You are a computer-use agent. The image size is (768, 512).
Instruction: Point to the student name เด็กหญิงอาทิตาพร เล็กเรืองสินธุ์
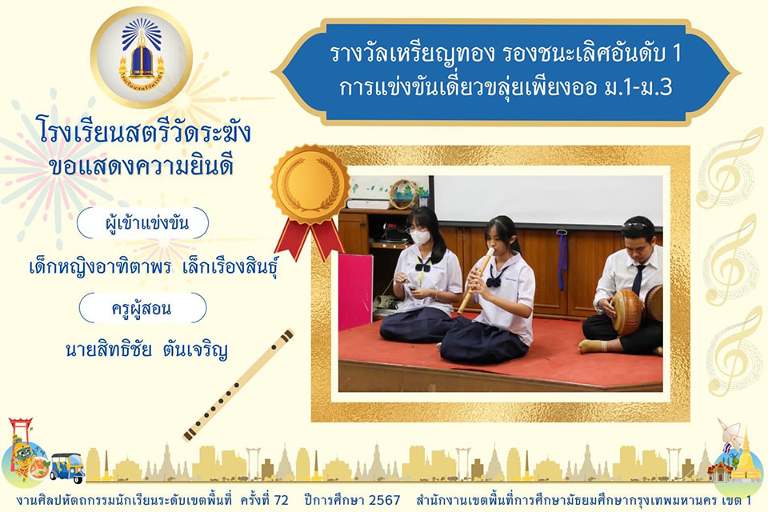pyautogui.click(x=154, y=267)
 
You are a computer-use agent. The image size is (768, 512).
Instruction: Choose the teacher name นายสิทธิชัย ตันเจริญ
pyautogui.click(x=146, y=350)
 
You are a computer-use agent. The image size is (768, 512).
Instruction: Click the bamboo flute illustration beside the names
pyautogui.click(x=238, y=385)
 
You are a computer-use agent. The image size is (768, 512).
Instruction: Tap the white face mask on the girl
pyautogui.click(x=420, y=237)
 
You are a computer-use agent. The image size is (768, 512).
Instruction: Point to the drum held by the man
pyautogui.click(x=628, y=312)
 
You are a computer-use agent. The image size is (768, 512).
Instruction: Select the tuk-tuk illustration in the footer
pyautogui.click(x=67, y=466)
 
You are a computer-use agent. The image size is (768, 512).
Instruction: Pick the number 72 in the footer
pyautogui.click(x=281, y=500)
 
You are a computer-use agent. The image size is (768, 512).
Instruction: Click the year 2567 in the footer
pyautogui.click(x=384, y=500)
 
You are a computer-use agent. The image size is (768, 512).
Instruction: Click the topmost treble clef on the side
pyautogui.click(x=728, y=169)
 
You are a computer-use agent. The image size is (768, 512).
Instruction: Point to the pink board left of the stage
pyautogui.click(x=355, y=292)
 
